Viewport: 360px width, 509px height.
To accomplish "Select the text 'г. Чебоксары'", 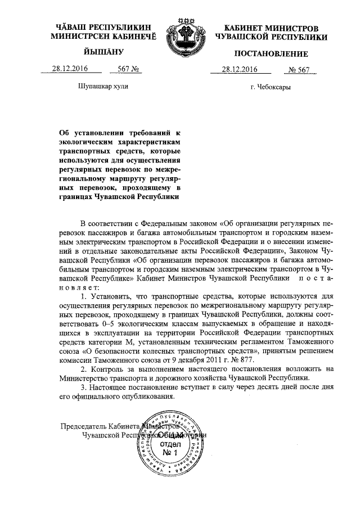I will pyautogui.click(x=271, y=87).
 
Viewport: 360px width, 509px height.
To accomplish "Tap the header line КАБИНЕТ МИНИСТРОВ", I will pyautogui.click(x=271, y=28).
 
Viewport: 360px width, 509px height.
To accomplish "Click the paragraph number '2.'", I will pyautogui.click(x=84, y=369).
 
